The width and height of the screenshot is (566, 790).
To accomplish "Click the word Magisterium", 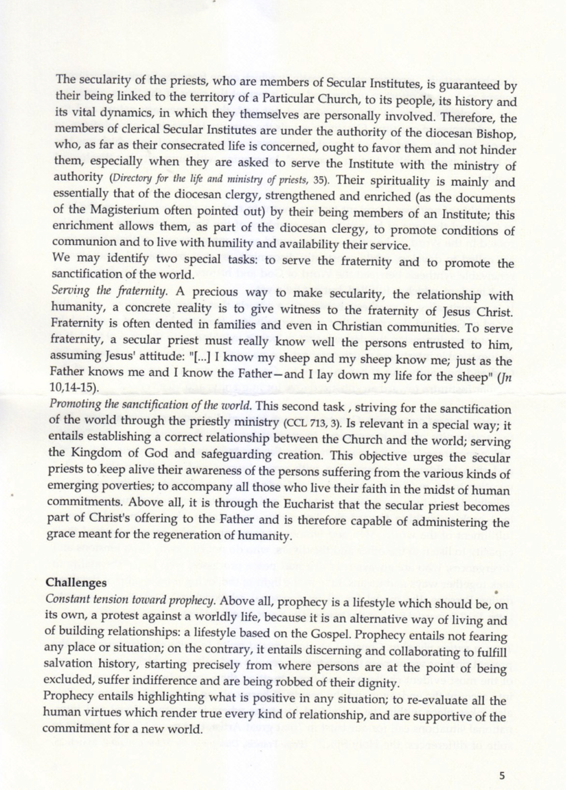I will point(112,212).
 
